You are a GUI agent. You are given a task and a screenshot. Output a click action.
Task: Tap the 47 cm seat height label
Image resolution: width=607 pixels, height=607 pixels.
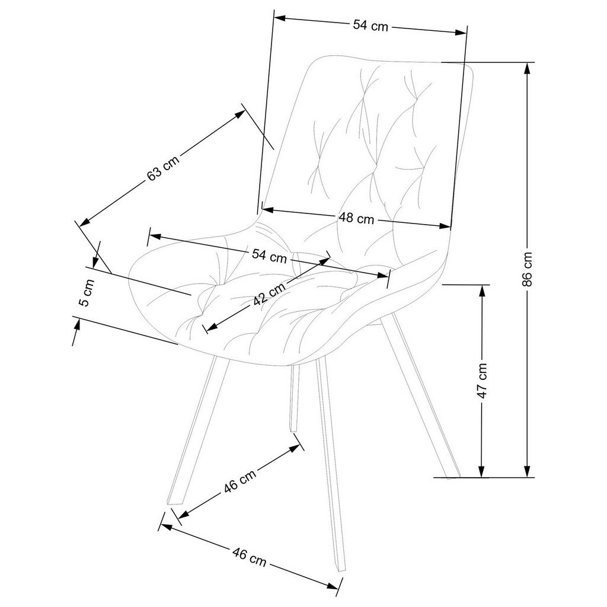click(483, 380)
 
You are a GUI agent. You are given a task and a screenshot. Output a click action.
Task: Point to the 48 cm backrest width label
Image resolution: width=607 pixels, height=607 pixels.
click(356, 218)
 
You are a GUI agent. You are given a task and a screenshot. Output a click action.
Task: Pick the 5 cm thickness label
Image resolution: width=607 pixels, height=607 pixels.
click(85, 292)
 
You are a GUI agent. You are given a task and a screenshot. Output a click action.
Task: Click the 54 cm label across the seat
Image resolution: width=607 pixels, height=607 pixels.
click(269, 256)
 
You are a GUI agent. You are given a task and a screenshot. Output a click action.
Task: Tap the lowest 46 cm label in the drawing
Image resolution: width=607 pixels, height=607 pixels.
click(249, 557)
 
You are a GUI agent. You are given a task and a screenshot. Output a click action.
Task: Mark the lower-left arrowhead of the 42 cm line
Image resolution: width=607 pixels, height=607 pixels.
click(207, 327)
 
